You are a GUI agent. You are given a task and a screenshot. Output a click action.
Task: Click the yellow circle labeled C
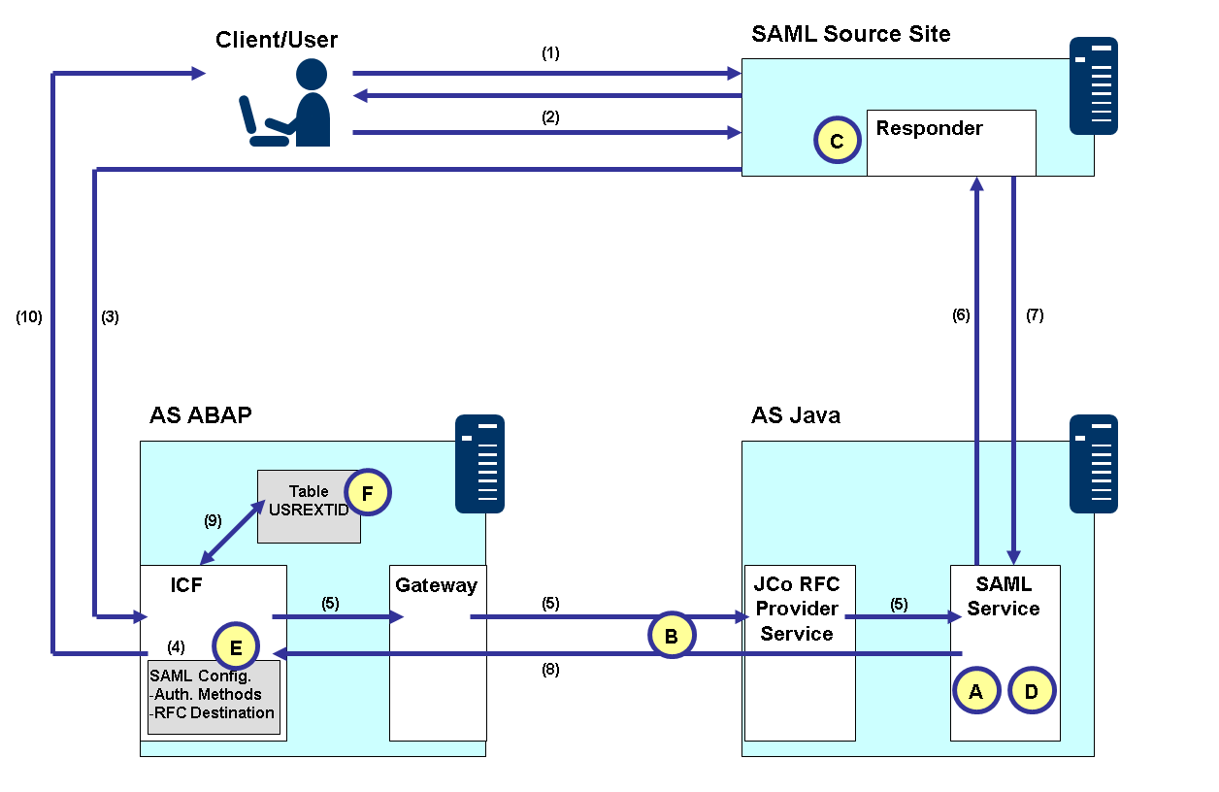pos(838,141)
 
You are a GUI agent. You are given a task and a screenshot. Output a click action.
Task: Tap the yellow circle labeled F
pos(367,493)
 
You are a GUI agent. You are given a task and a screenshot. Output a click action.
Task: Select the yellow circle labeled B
pos(672,635)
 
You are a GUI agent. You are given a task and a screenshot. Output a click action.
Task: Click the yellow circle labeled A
pos(975,690)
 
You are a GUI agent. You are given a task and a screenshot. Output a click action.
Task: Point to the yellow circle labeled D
pos(1032,690)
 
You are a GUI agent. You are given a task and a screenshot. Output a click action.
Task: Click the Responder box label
pos(929,129)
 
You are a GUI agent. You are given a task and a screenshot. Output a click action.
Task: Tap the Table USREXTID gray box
pos(309,505)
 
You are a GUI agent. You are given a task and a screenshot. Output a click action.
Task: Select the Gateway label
pos(436,585)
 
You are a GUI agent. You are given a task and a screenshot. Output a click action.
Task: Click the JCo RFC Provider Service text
pos(797,610)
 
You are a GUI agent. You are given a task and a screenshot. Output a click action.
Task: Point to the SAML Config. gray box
pos(213,695)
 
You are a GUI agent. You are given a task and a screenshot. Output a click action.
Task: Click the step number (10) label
pos(29,316)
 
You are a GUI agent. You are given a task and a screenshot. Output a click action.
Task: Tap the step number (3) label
pos(110,316)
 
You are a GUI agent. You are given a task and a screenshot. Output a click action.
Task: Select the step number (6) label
pos(960,314)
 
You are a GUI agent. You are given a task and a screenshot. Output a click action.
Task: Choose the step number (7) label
pos(1035,314)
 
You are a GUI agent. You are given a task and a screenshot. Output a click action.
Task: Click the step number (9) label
pos(213,520)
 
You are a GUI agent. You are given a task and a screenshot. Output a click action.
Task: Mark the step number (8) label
pos(550,669)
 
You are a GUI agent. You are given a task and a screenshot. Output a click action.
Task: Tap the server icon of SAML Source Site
pos(1093,85)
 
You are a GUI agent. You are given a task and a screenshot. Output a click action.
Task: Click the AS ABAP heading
pos(201,415)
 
